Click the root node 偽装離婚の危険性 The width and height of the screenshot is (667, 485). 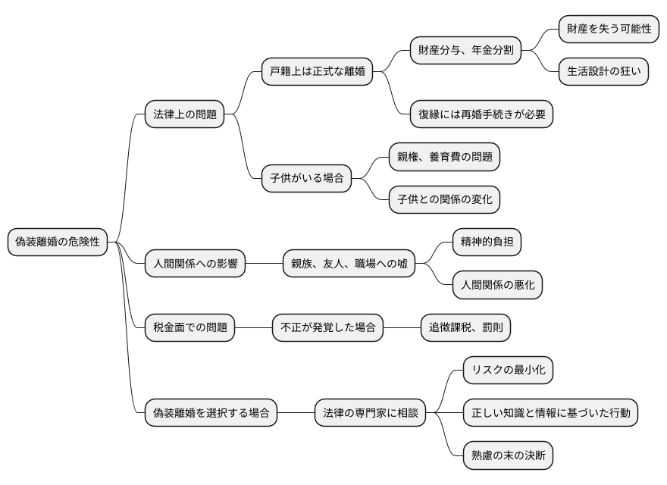click(58, 242)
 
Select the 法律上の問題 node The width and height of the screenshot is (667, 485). click(185, 115)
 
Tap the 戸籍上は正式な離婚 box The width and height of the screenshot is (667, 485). click(317, 73)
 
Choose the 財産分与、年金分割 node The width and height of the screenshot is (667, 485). click(465, 52)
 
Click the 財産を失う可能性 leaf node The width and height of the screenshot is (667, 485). click(609, 30)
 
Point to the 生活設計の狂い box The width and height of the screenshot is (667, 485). click(603, 73)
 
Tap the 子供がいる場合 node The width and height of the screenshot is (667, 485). click(306, 179)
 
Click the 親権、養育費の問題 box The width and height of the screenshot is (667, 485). click(444, 158)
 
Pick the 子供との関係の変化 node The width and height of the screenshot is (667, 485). click(444, 200)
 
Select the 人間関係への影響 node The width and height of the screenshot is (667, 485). click(196, 264)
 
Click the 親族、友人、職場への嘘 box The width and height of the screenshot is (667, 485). click(349, 264)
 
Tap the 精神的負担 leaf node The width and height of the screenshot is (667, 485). click(487, 242)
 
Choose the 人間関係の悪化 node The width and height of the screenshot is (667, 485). click(497, 285)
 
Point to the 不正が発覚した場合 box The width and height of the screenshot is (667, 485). click(327, 328)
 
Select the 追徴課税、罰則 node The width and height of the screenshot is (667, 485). click(471, 328)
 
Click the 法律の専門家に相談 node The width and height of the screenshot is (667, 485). click(370, 414)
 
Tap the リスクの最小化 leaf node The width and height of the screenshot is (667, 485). click(508, 371)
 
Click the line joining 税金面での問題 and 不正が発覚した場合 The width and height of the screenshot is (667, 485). click(253, 328)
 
